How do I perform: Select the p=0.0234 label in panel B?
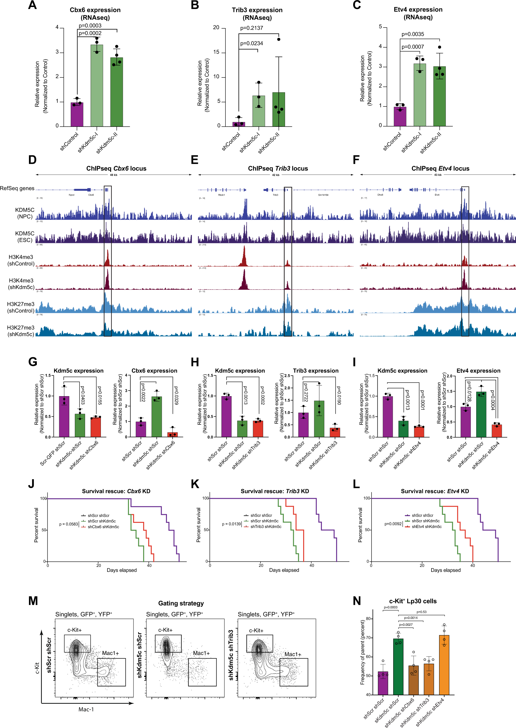[251, 44]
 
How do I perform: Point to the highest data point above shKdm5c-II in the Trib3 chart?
[279, 39]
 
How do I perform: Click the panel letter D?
[32, 160]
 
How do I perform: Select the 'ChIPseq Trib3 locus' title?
[278, 168]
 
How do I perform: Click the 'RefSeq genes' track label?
[17, 189]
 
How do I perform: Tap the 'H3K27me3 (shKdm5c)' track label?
[21, 331]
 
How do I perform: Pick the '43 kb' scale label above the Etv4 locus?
[438, 175]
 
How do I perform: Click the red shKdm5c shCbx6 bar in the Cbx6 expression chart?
[172, 434]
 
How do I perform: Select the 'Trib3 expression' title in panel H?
[315, 370]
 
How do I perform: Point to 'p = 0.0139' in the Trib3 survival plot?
[231, 524]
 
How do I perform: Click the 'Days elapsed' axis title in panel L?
[446, 570]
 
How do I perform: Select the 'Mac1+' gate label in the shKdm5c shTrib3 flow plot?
[293, 654]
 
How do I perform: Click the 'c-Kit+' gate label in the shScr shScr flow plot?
[74, 630]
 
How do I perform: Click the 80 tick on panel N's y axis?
[368, 619]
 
